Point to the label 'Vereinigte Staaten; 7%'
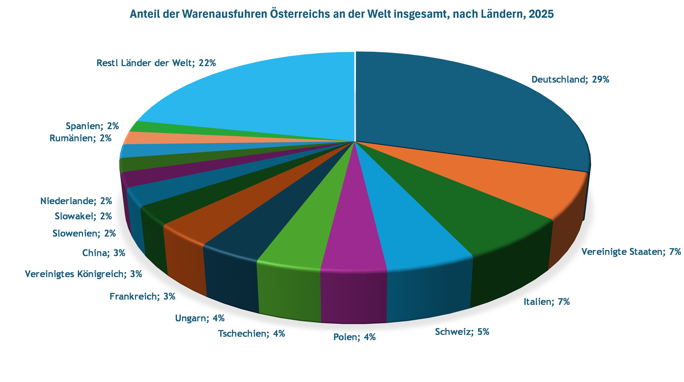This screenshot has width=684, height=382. [631, 251]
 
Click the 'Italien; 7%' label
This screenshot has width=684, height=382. [546, 302]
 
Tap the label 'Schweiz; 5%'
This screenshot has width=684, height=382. [462, 332]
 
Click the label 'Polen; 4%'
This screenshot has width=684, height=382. [354, 337]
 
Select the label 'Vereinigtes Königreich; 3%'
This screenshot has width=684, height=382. [83, 274]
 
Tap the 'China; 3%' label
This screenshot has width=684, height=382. [104, 253]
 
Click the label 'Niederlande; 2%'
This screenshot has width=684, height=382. [76, 201]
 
